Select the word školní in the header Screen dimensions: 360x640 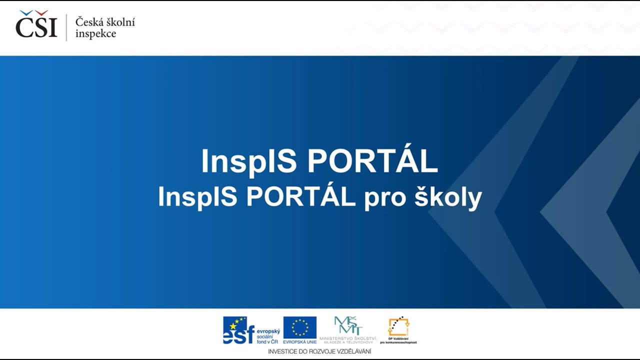[x=119, y=22]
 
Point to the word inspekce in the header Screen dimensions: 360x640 [x=95, y=34]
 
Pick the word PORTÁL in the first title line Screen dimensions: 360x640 [x=372, y=160]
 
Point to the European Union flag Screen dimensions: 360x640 [x=300, y=327]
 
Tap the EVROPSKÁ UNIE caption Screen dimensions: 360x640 [x=300, y=342]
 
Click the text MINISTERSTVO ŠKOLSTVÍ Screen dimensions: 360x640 [x=348, y=338]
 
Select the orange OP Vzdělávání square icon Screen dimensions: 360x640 [x=398, y=327]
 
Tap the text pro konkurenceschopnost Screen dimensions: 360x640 [x=398, y=342]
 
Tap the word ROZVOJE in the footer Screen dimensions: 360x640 [x=323, y=351]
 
